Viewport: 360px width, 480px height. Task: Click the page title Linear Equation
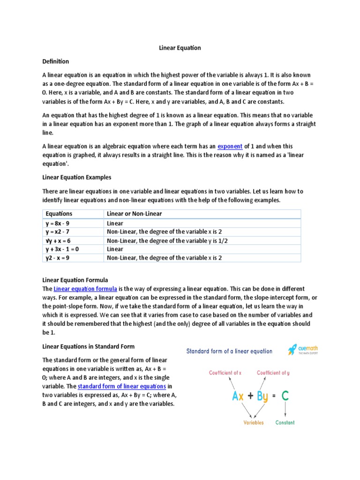(180, 48)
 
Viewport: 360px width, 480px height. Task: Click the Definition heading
(56, 61)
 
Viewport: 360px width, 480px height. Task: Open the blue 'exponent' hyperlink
(230, 146)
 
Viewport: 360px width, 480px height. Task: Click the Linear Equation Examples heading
(77, 178)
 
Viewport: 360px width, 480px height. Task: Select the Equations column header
(59, 214)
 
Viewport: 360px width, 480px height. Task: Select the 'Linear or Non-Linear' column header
(135, 214)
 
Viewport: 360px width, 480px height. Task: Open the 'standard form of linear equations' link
(122, 386)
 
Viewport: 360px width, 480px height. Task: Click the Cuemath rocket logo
(292, 350)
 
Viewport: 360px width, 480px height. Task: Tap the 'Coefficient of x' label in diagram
(225, 373)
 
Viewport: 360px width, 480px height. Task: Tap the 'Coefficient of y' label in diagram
(273, 373)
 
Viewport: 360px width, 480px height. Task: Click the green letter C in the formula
(285, 396)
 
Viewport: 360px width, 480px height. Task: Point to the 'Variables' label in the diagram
(253, 422)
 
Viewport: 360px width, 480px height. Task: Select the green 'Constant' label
(285, 422)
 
